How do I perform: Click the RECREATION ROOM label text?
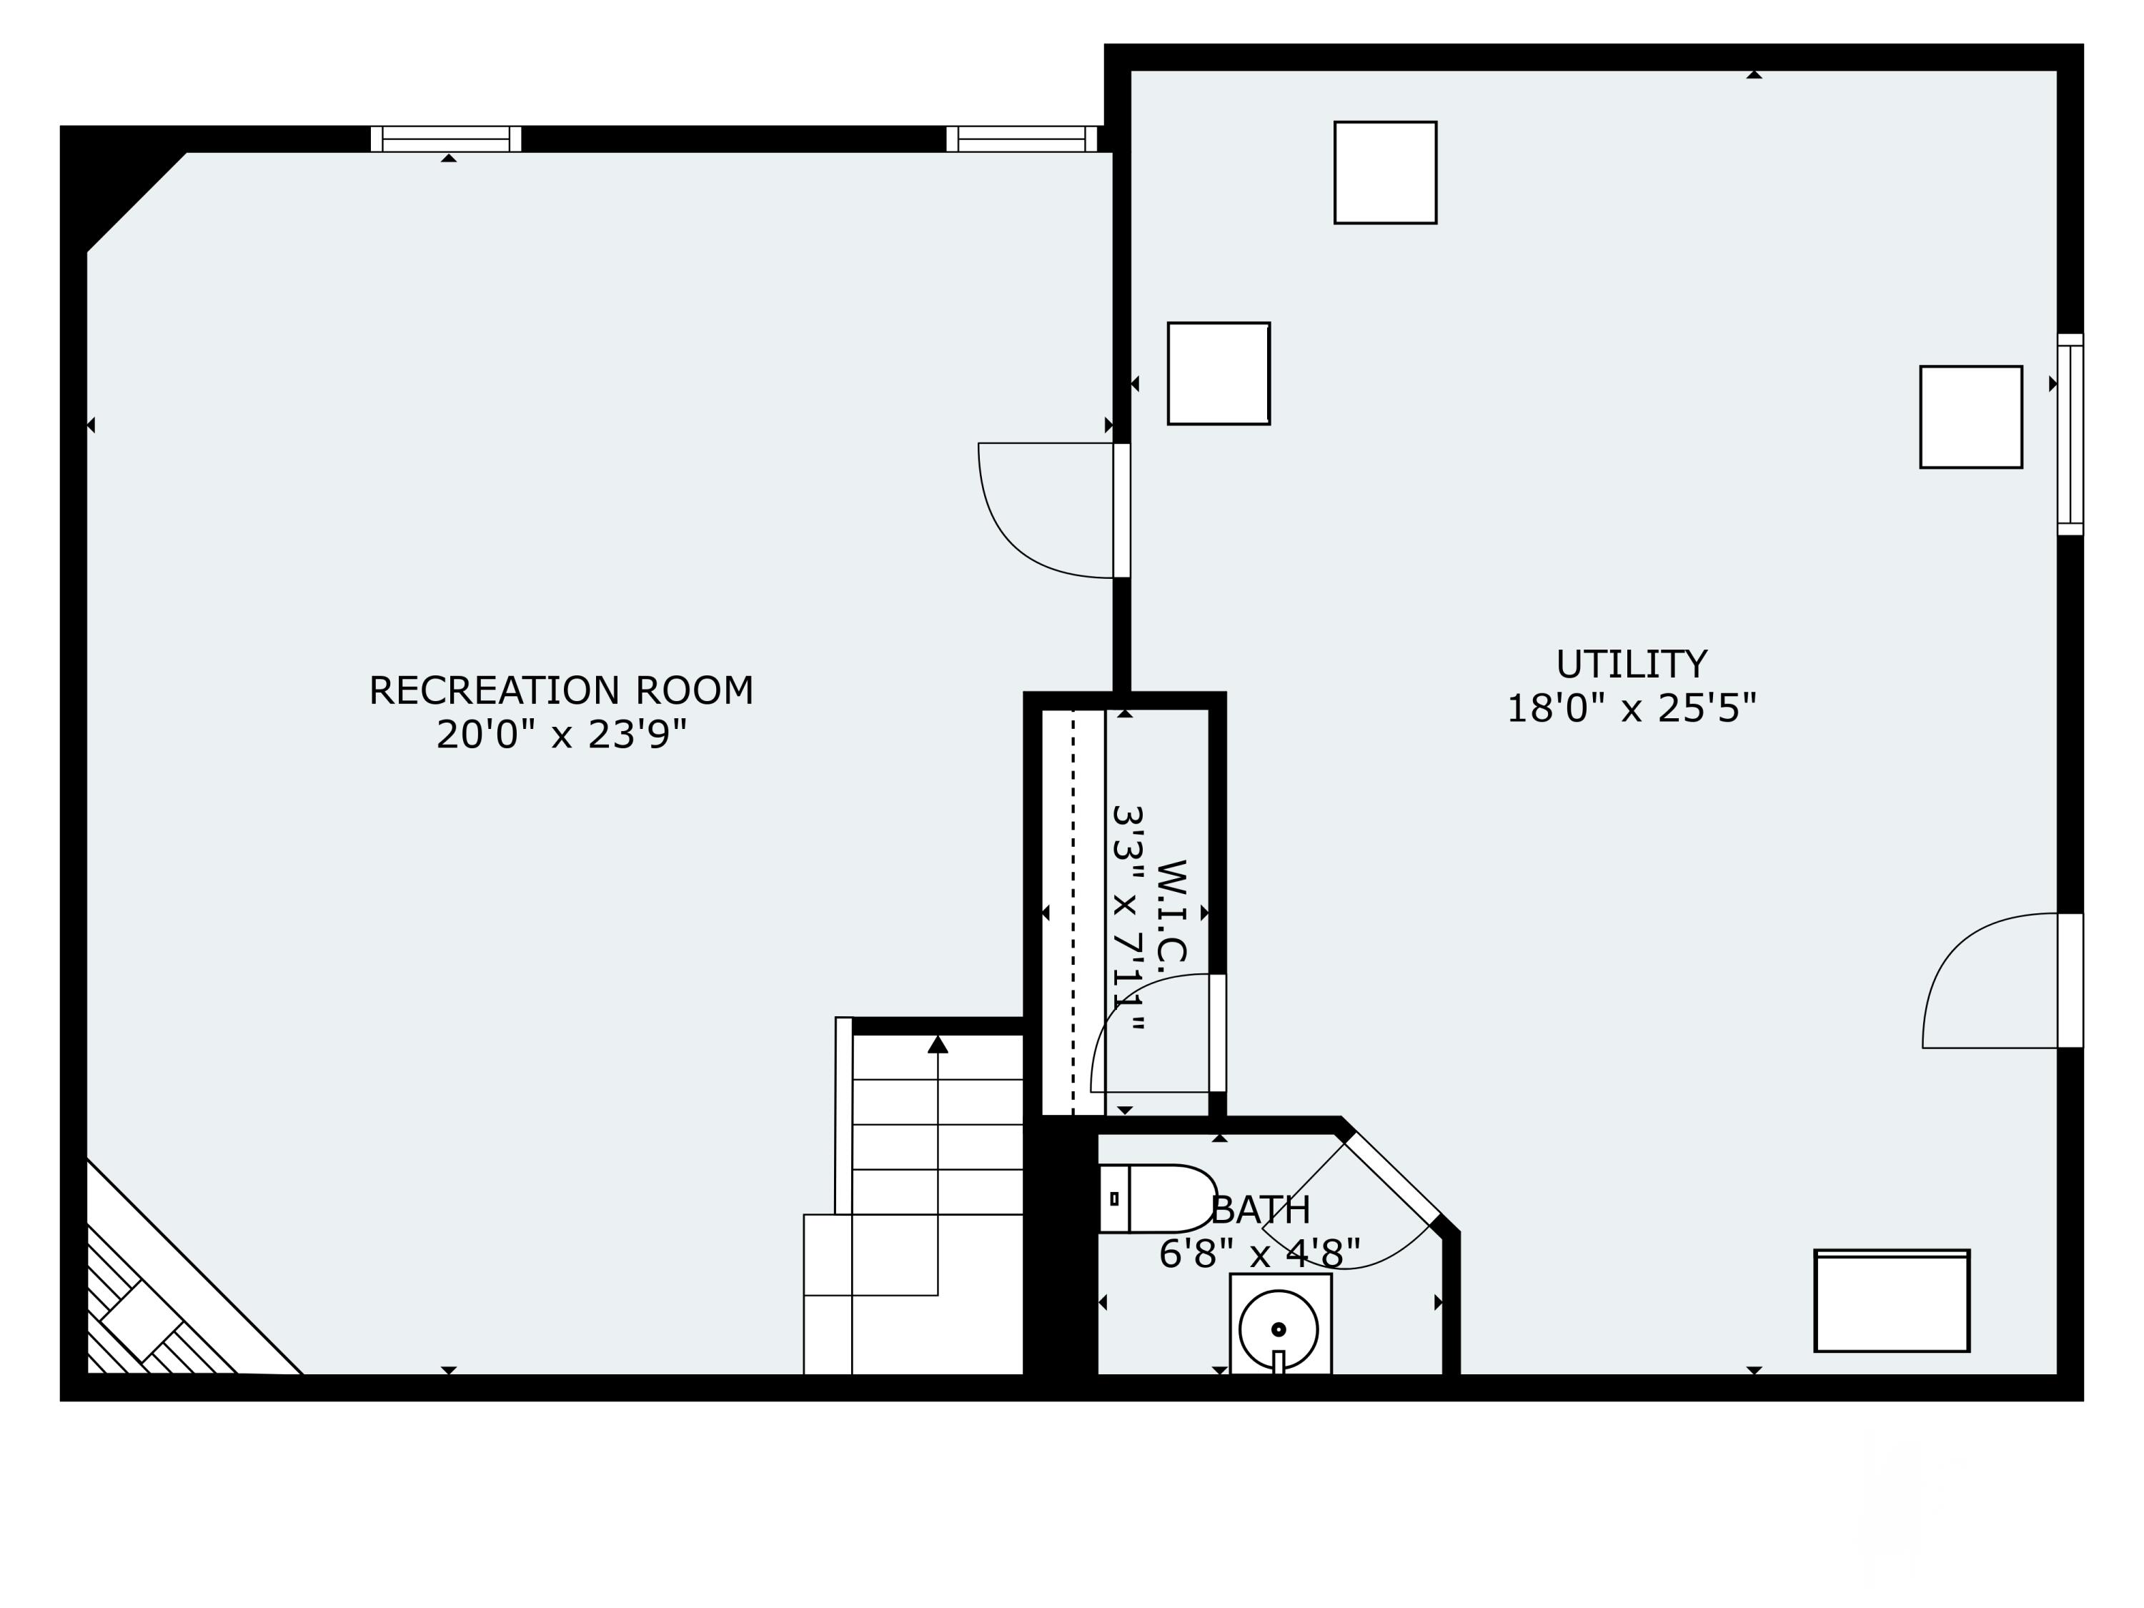coord(561,691)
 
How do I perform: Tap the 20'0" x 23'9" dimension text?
coord(561,735)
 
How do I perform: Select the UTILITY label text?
coord(1632,665)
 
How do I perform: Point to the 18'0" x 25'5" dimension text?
coord(1632,708)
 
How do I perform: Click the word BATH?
coord(1260,1210)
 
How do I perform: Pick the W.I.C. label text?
coord(1171,910)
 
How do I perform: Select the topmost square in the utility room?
coord(1385,172)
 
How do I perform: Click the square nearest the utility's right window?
coord(1970,417)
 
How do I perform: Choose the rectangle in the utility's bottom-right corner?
coord(1892,1301)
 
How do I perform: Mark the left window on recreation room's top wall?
coord(446,139)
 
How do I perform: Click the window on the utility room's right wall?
coord(2070,435)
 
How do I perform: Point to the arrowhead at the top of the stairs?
coord(937,1045)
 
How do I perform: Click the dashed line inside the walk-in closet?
coord(1073,911)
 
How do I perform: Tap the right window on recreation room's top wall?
coord(1021,139)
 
